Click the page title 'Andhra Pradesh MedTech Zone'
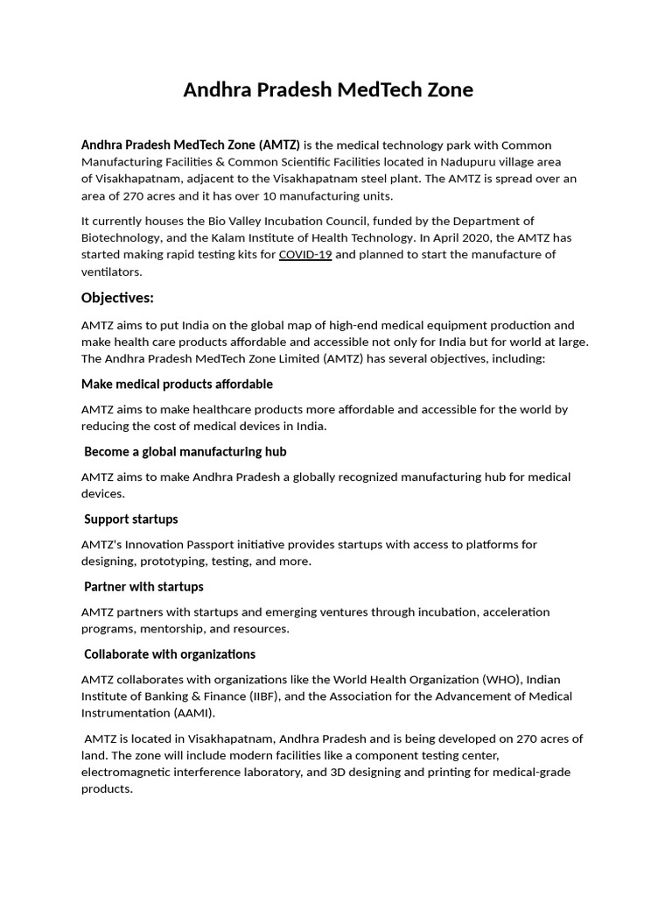point(328,90)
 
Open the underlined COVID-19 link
point(305,255)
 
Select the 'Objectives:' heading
point(117,298)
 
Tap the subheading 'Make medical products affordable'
point(177,385)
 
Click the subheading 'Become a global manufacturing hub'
point(185,452)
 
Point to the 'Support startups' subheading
point(131,519)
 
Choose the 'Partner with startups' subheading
point(143,587)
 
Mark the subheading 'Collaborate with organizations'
point(170,654)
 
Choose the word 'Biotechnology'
point(122,237)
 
